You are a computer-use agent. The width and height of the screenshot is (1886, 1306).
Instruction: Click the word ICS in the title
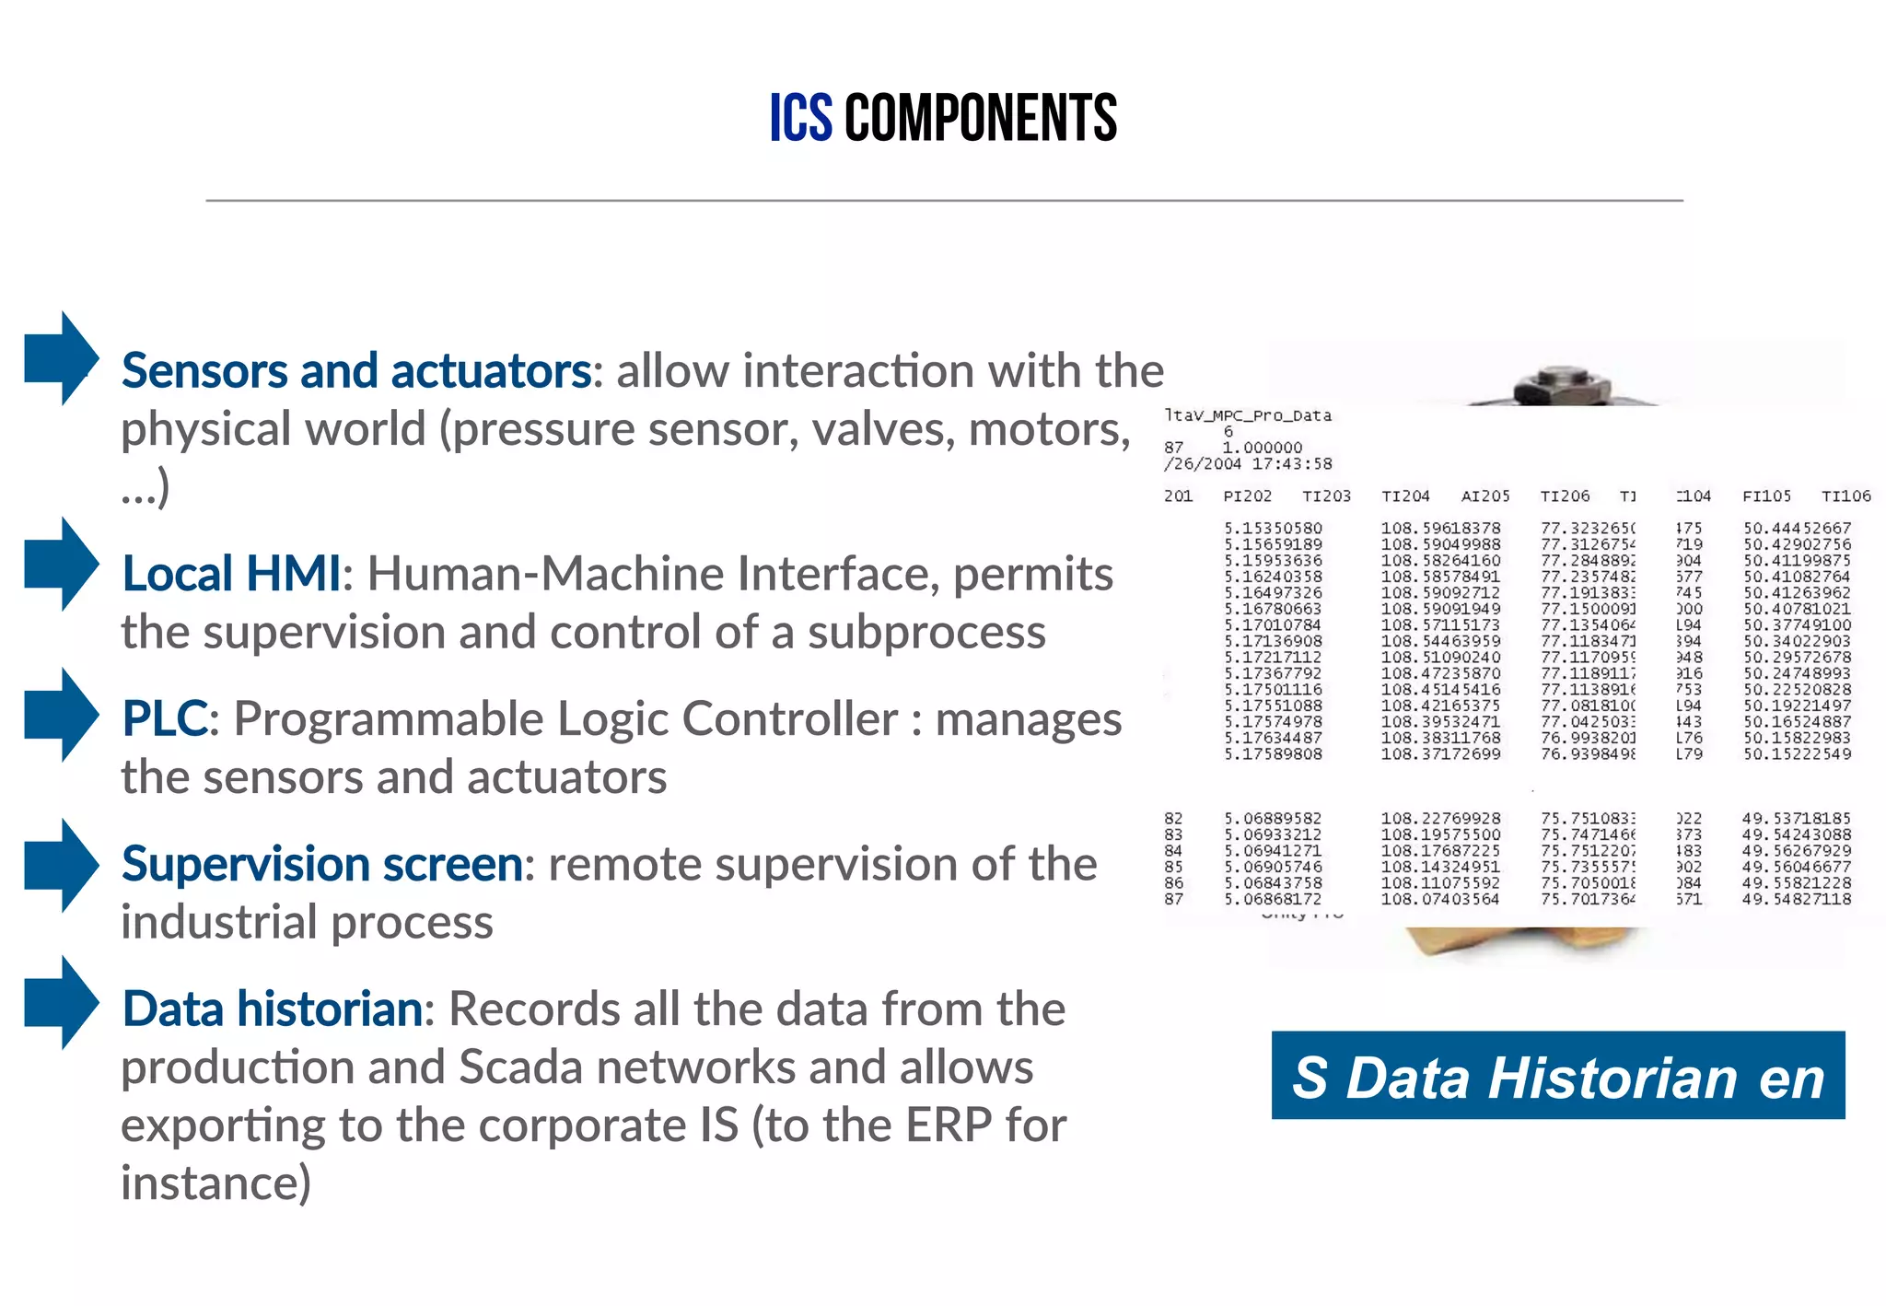[800, 118]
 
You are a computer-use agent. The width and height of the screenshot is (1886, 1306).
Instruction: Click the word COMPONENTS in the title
[981, 118]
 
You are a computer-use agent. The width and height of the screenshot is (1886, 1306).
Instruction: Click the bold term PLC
[165, 718]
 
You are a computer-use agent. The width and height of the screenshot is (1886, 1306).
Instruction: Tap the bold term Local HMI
[231, 574]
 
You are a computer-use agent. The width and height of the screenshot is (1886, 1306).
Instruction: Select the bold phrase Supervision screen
[322, 864]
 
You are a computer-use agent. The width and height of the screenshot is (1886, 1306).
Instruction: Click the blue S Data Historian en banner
[1557, 1076]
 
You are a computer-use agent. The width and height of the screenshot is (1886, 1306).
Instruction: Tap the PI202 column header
[1247, 496]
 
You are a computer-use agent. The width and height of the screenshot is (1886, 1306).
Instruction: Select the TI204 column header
[1405, 496]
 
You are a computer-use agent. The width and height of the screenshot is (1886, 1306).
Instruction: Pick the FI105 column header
[1766, 496]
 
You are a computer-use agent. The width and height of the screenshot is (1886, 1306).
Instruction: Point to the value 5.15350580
[1273, 529]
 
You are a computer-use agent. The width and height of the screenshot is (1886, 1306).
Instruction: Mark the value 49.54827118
[1796, 899]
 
